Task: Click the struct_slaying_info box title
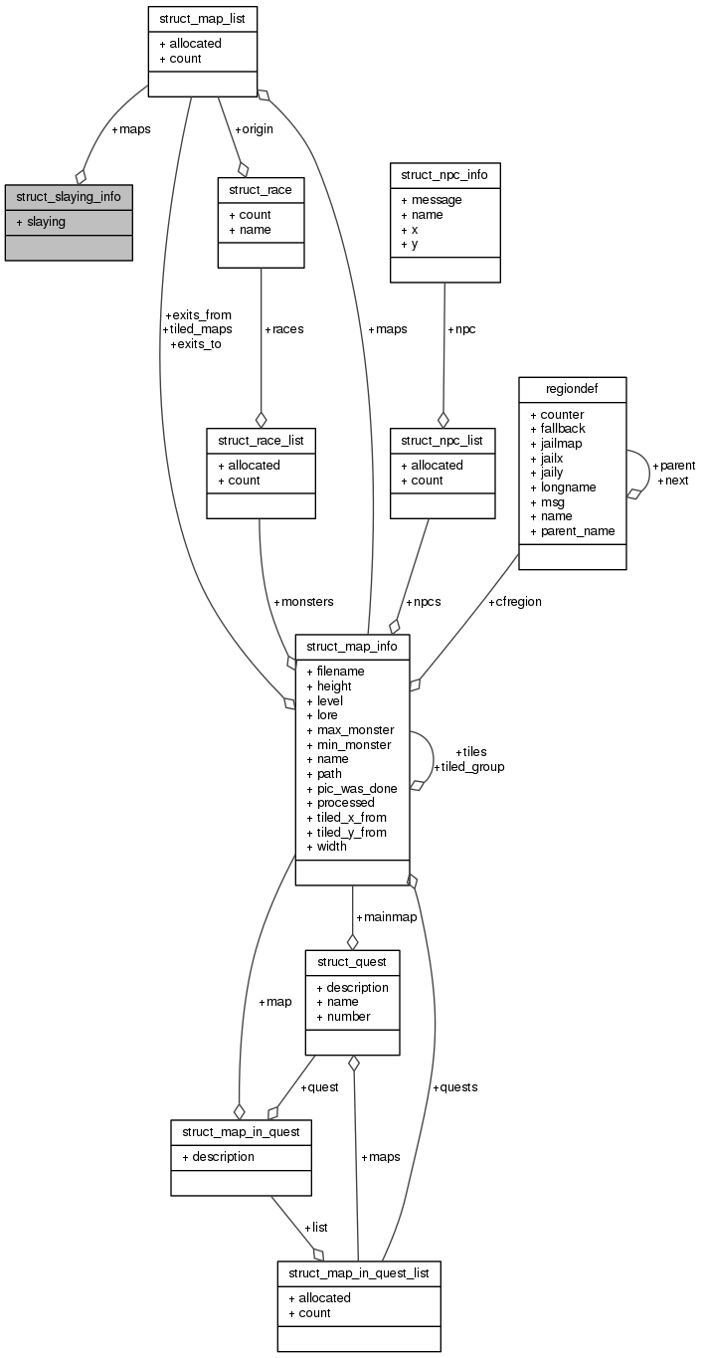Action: pyautogui.click(x=69, y=196)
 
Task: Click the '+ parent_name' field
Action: pyautogui.click(x=577, y=531)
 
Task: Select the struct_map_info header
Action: pyautogui.click(x=352, y=646)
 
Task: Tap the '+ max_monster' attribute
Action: pyautogui.click(x=355, y=730)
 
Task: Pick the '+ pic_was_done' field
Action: pyautogui.click(x=357, y=788)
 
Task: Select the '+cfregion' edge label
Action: pyautogui.click(x=514, y=602)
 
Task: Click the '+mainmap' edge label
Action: pyautogui.click(x=386, y=916)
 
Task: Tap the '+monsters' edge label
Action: pyautogui.click(x=303, y=602)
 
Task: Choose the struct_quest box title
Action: pyautogui.click(x=352, y=962)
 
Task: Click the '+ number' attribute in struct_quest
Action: pyautogui.click(x=343, y=1016)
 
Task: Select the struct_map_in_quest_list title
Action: pyautogui.click(x=358, y=1273)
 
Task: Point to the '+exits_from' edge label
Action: pyautogui.click(x=201, y=314)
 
